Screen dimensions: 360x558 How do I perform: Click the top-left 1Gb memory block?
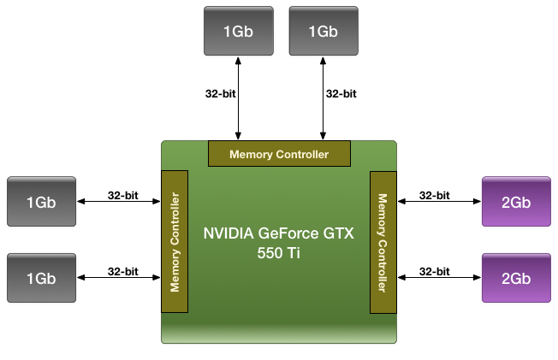239,31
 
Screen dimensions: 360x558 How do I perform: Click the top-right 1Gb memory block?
323,31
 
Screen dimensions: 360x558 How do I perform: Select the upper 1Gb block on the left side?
41,202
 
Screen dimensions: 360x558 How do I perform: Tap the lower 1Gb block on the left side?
41,278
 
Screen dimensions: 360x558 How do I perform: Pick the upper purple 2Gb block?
516,202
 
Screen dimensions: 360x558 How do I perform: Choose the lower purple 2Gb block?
516,278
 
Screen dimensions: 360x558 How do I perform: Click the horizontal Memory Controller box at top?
279,154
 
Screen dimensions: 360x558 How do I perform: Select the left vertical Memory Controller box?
175,242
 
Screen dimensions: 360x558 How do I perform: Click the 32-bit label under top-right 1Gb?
341,94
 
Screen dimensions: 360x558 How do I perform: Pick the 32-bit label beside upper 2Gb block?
435,195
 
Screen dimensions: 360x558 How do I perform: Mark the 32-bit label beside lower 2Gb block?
435,271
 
